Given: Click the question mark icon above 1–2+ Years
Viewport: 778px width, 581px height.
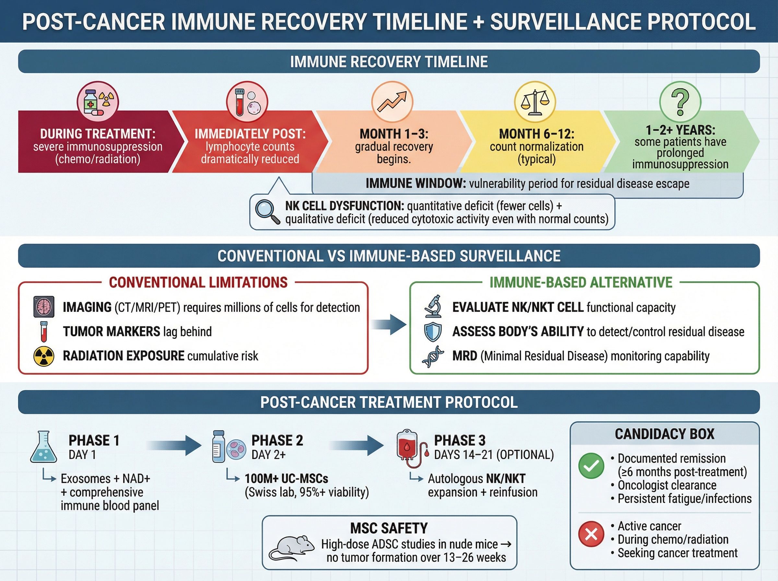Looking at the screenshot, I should [680, 102].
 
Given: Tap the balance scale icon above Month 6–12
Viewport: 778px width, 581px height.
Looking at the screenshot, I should [535, 102].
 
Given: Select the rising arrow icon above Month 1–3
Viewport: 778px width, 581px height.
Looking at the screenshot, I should [392, 102].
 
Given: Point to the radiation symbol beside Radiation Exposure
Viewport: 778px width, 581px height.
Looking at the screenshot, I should [43, 356].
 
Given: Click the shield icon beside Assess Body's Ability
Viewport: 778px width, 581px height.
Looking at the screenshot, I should [433, 332].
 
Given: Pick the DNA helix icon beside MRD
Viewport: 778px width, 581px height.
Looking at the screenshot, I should [433, 356].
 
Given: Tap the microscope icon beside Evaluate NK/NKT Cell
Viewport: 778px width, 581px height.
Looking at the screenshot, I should [433, 307].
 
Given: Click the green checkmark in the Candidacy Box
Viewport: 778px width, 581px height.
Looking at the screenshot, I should [591, 466].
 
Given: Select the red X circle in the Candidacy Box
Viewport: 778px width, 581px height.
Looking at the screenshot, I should [591, 534].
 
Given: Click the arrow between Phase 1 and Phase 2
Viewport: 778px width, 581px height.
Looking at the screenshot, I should [174, 445].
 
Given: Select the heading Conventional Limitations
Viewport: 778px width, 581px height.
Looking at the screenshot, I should [198, 282].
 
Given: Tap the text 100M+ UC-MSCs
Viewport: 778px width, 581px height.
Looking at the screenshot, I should [286, 479].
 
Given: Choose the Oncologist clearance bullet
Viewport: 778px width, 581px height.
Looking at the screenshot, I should [666, 485].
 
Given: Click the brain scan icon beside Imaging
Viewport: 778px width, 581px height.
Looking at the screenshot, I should [43, 307].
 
